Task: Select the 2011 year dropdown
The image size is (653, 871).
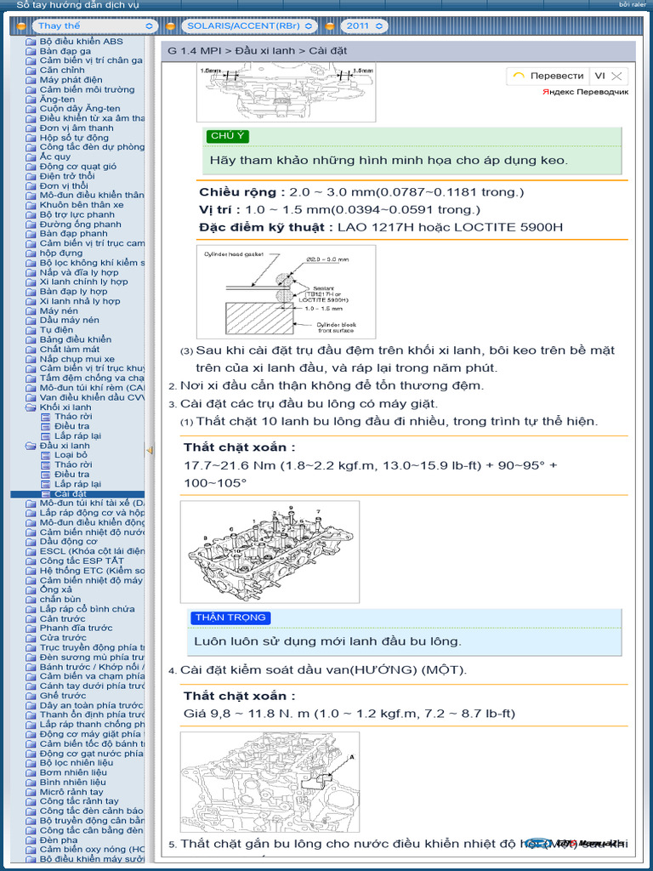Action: (x=362, y=26)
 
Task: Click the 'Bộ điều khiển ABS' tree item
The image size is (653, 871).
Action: (x=81, y=41)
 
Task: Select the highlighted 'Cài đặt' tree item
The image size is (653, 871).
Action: (x=70, y=493)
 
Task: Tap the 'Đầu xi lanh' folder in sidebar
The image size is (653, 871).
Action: (x=64, y=446)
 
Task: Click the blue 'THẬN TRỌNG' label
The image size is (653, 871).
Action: (x=230, y=618)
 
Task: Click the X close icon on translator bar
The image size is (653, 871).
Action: (x=617, y=76)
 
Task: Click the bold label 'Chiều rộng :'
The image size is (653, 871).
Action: (x=242, y=192)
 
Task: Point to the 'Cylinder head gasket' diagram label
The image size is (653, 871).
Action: (x=234, y=253)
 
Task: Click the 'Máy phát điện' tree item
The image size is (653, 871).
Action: (x=71, y=80)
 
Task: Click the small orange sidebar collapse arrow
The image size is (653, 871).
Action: (x=150, y=450)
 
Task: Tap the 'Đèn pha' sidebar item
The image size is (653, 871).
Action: (x=58, y=840)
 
